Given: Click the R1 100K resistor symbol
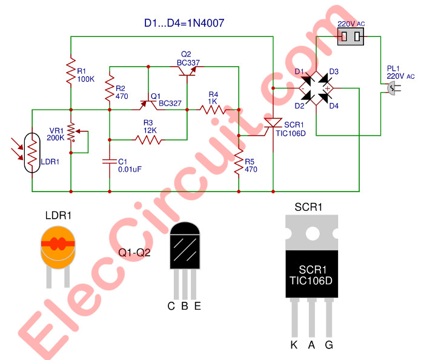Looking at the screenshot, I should [x=71, y=71].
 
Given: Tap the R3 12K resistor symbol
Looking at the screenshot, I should [x=149, y=139].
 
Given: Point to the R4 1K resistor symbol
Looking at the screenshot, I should [x=213, y=110].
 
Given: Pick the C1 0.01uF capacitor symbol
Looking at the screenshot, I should [x=110, y=161].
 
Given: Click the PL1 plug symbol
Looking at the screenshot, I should [x=392, y=90].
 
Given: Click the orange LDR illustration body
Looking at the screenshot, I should [x=58, y=245].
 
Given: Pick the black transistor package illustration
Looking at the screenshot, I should [x=185, y=245].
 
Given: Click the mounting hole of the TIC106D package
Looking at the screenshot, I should [x=312, y=233].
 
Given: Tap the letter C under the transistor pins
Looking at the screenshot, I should [x=171, y=305].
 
